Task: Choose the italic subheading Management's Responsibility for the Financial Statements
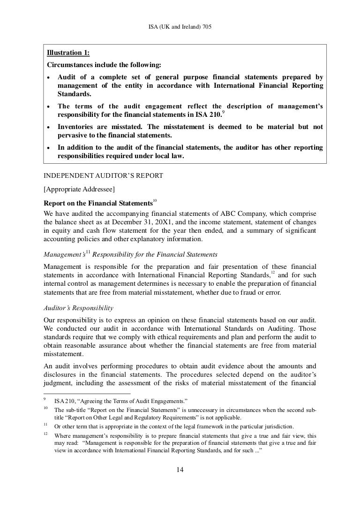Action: click(x=130, y=255)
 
